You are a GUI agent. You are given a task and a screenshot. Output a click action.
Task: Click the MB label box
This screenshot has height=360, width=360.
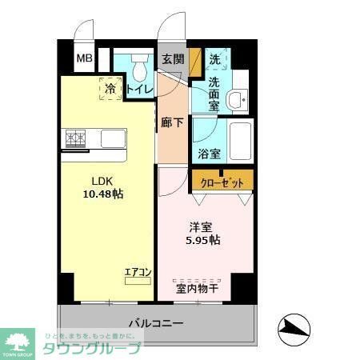point(84,58)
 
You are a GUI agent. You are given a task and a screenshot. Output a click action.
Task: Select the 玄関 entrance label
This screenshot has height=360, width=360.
point(173,58)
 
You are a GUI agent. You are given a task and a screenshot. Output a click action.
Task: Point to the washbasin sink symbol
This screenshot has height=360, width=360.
point(236,101)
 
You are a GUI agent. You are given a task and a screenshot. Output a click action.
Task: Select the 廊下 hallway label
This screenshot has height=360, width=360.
point(172,123)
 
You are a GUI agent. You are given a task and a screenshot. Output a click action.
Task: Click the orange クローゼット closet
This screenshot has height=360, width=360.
point(222,182)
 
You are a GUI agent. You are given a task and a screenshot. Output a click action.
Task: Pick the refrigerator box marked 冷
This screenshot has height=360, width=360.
point(109,89)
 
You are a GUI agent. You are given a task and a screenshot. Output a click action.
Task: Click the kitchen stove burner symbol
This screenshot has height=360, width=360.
point(76,138)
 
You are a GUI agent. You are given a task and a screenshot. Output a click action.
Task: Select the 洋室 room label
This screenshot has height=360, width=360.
point(200,226)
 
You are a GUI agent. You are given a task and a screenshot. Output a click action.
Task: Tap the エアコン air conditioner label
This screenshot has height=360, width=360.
point(138,272)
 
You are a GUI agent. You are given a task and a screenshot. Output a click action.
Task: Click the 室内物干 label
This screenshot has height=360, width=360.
point(198,288)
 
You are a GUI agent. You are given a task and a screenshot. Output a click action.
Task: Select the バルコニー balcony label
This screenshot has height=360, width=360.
point(157,324)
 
